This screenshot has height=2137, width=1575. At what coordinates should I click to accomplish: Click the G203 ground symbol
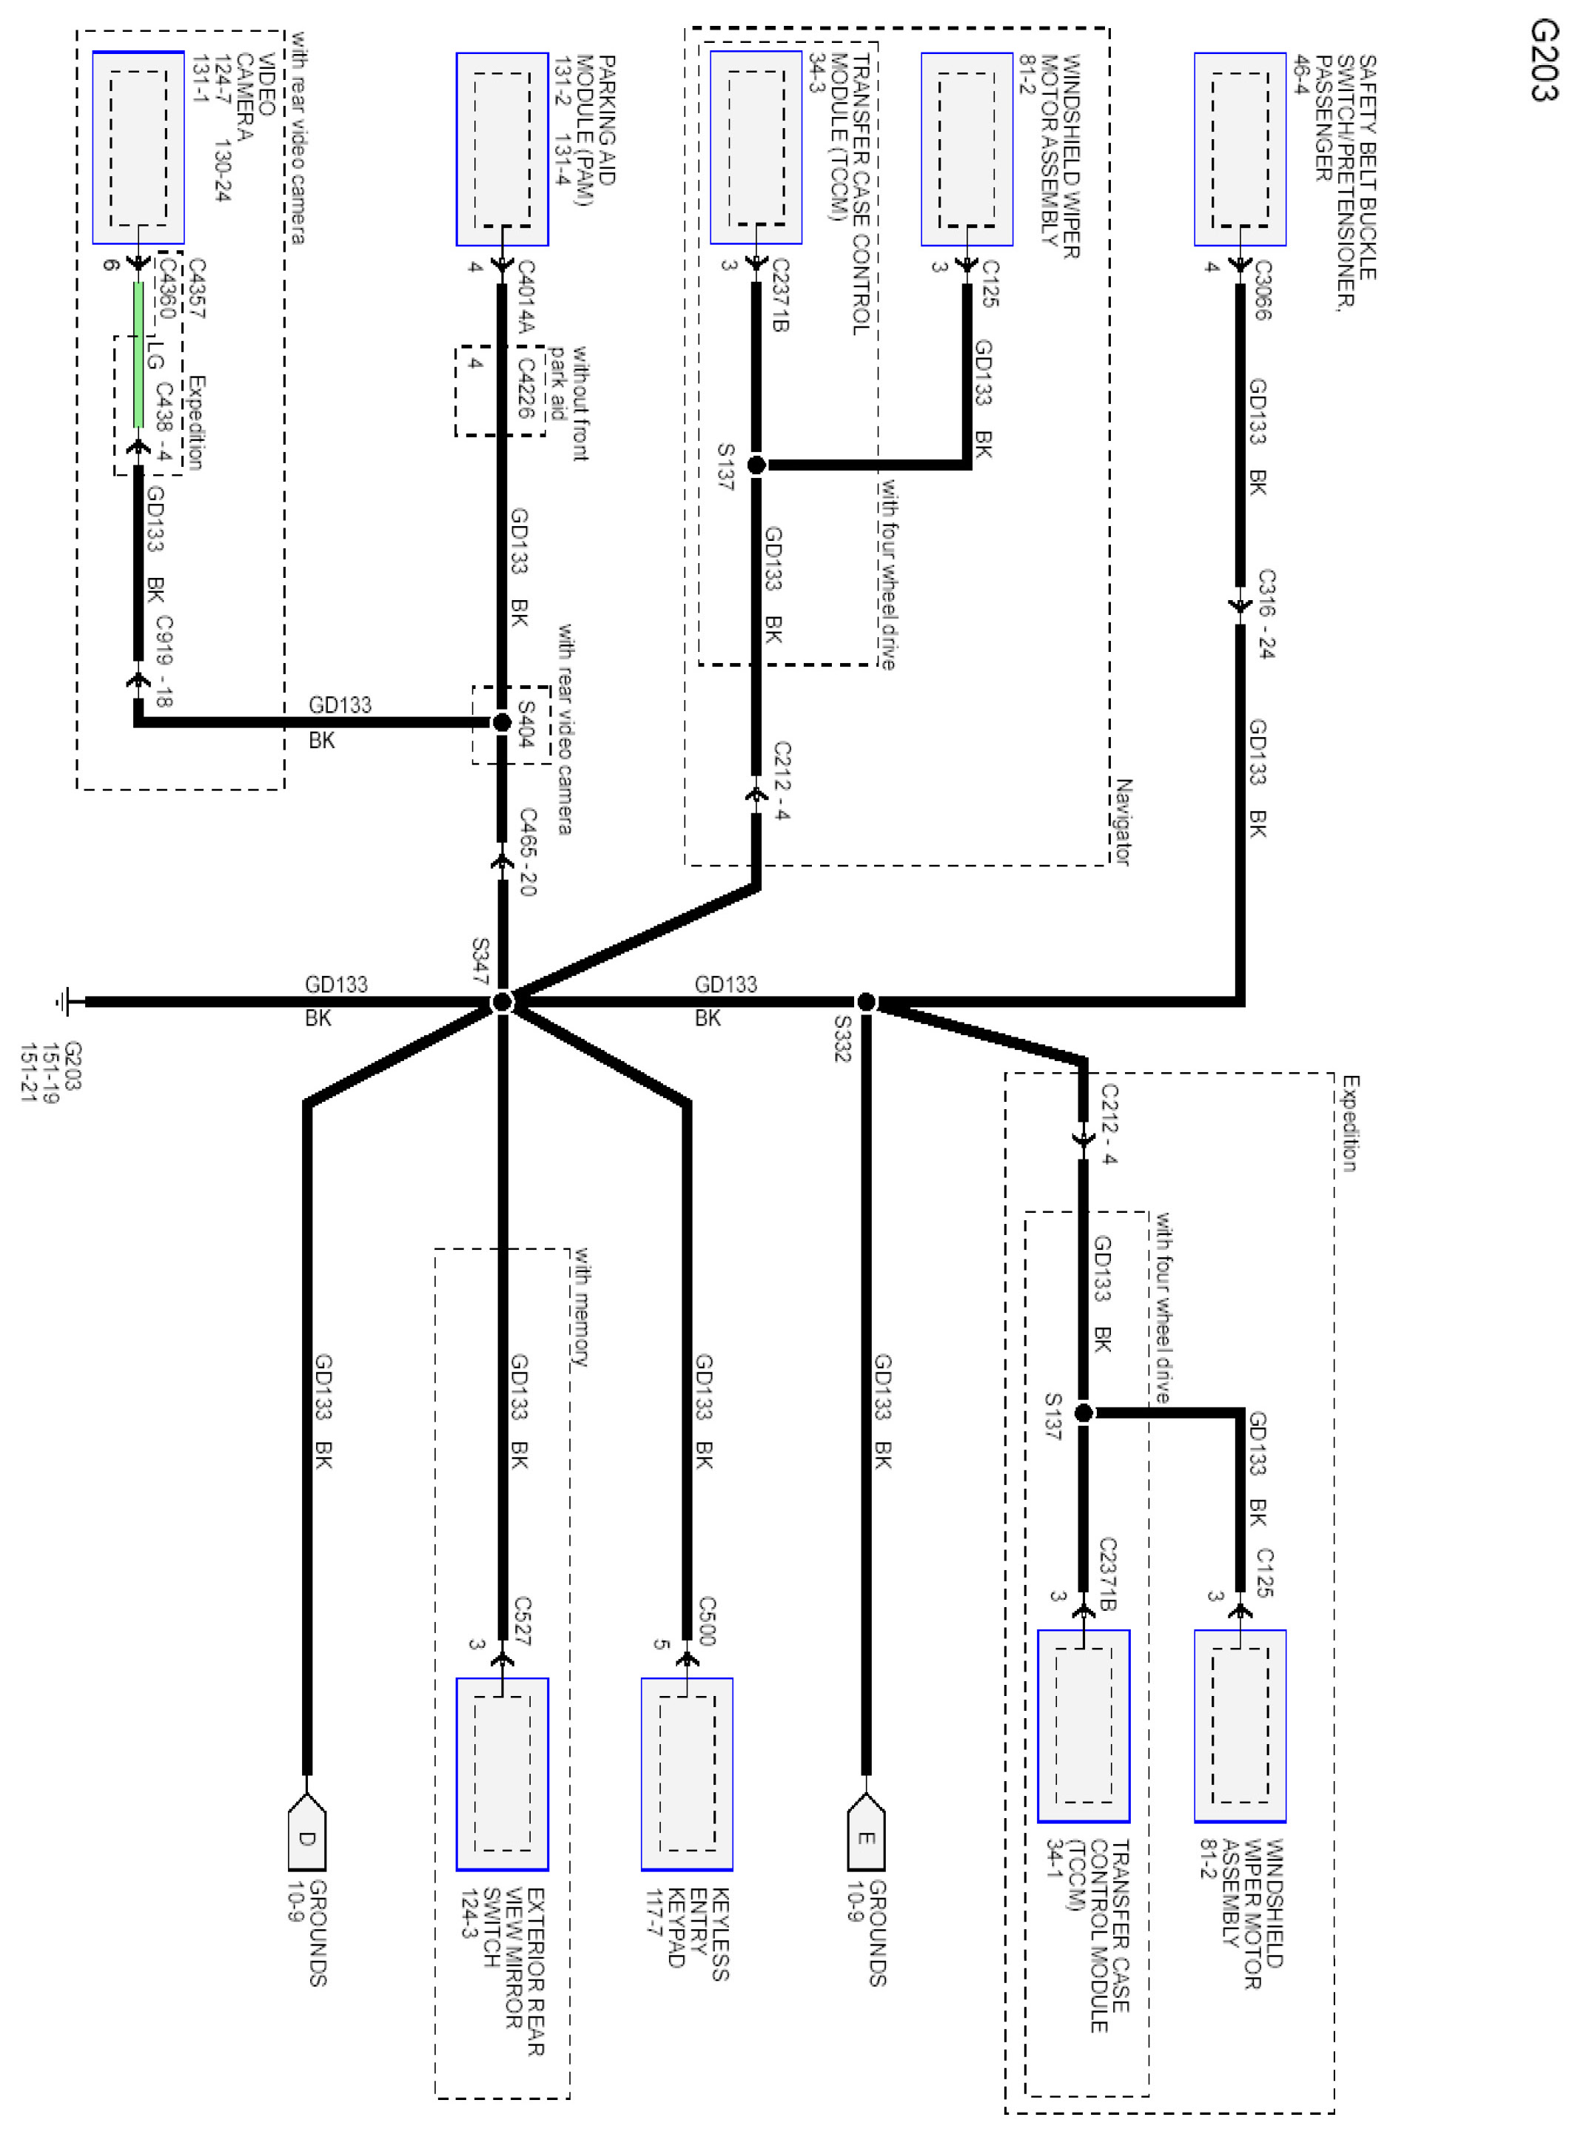(64, 1001)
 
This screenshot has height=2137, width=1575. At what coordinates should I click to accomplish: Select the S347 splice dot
(503, 1002)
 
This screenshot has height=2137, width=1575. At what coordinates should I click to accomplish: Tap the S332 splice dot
(866, 1002)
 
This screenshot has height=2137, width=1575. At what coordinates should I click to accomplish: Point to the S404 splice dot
(503, 722)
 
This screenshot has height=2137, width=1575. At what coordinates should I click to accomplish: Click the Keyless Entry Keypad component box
(686, 1773)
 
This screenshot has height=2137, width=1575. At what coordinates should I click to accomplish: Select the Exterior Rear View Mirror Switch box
(503, 1773)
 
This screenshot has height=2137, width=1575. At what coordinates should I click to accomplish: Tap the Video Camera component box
(138, 148)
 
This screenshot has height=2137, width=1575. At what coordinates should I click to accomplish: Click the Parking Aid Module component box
(503, 149)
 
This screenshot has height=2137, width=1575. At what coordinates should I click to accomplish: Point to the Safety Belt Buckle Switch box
(1240, 149)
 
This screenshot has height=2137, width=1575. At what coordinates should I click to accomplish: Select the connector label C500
(707, 1621)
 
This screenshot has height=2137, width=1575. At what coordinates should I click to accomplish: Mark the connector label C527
(523, 1621)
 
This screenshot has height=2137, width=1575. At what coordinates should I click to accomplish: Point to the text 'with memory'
(580, 1307)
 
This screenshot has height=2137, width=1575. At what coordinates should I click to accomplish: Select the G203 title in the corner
(1542, 60)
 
